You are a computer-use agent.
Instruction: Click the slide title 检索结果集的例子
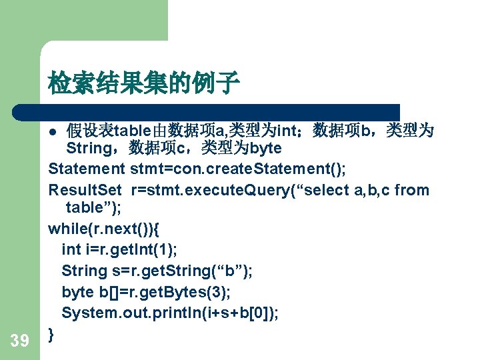pos(143,84)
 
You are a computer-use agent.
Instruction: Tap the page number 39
pos(20,341)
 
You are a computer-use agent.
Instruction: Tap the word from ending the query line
pos(411,190)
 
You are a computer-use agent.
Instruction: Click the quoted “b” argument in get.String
pos(234,271)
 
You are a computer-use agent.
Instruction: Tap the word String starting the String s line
pos(84,271)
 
